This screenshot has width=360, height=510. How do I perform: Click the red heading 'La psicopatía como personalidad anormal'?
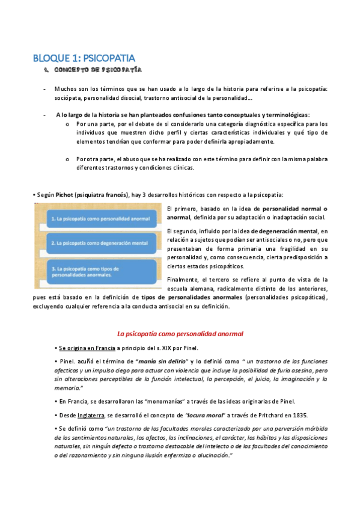[x=180, y=333]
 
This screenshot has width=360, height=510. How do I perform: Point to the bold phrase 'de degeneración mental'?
[x=284, y=230]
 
